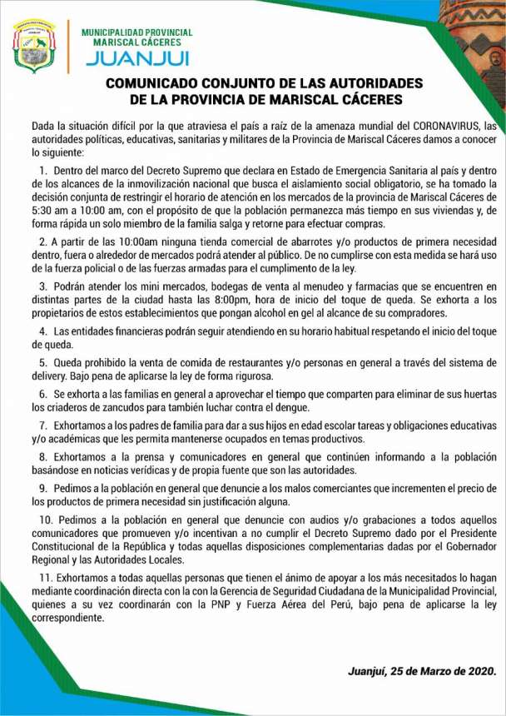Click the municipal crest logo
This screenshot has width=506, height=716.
(x=34, y=46)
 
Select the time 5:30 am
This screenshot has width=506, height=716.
(x=45, y=210)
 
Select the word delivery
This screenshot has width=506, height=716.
(x=51, y=377)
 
